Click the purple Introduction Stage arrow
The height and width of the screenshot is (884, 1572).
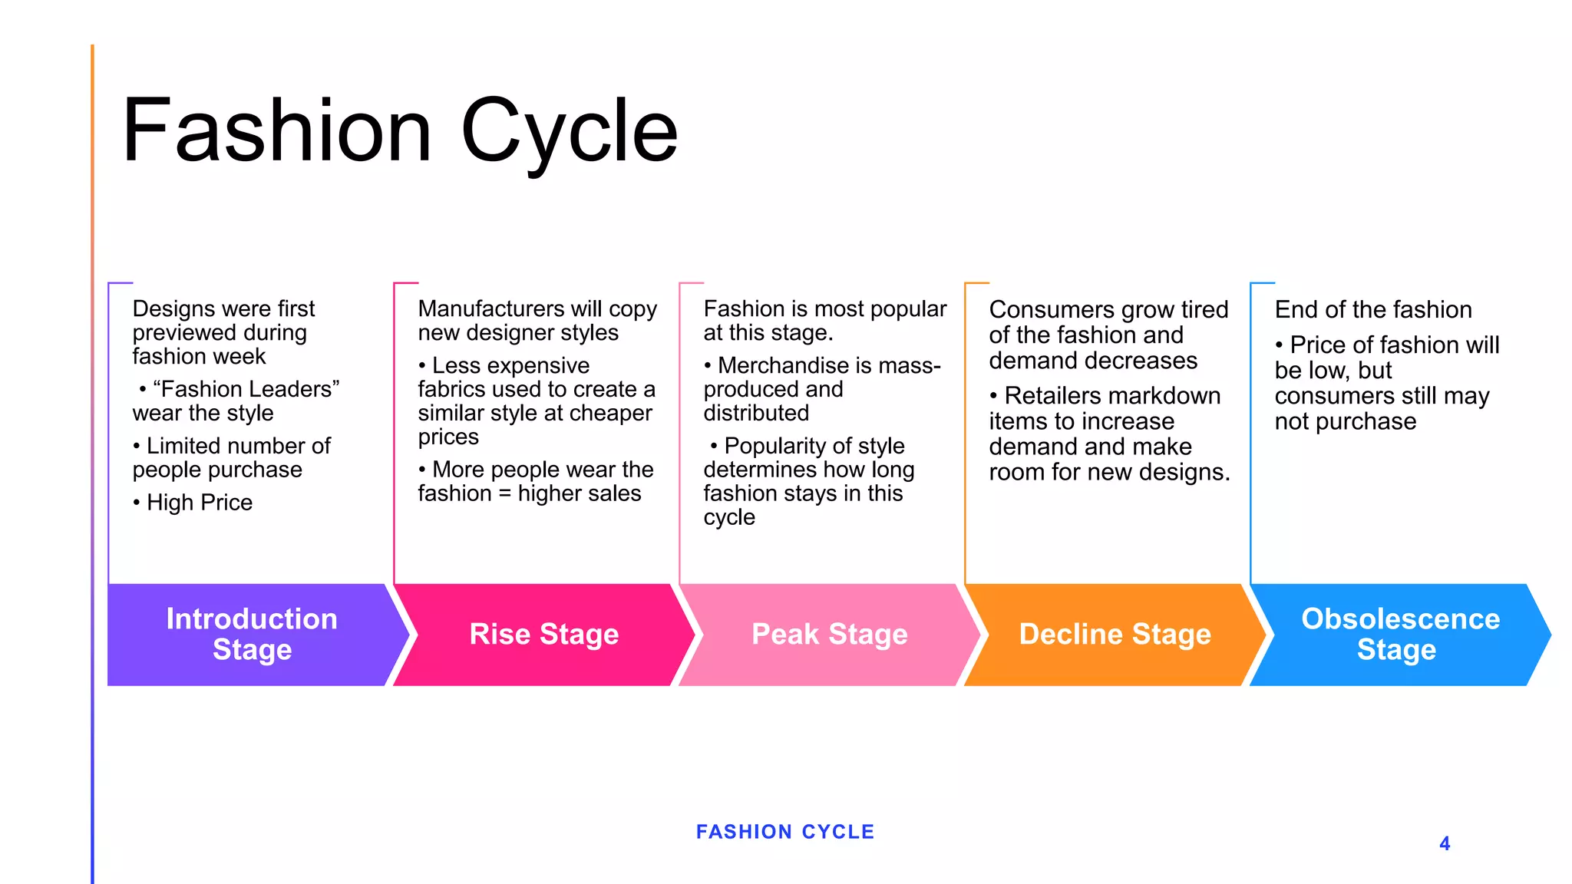click(252, 635)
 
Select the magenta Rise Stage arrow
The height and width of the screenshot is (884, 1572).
click(543, 635)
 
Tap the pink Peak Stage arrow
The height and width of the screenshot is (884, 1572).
click(829, 635)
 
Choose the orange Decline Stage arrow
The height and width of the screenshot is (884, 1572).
click(1115, 635)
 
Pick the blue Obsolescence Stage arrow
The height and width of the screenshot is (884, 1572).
click(1400, 635)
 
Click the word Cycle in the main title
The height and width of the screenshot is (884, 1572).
click(569, 132)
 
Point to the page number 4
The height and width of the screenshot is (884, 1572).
click(1445, 844)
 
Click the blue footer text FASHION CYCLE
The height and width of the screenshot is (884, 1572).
click(785, 832)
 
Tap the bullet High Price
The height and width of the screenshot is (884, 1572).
click(199, 503)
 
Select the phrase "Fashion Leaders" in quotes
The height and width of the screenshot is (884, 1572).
click(246, 389)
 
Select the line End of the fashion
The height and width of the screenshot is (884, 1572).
click(1373, 309)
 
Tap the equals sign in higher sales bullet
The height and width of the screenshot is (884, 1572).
click(504, 493)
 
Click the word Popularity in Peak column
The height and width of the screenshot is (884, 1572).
click(775, 446)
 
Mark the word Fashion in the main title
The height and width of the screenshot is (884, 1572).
click(276, 132)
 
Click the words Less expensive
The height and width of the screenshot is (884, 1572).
click(510, 365)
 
